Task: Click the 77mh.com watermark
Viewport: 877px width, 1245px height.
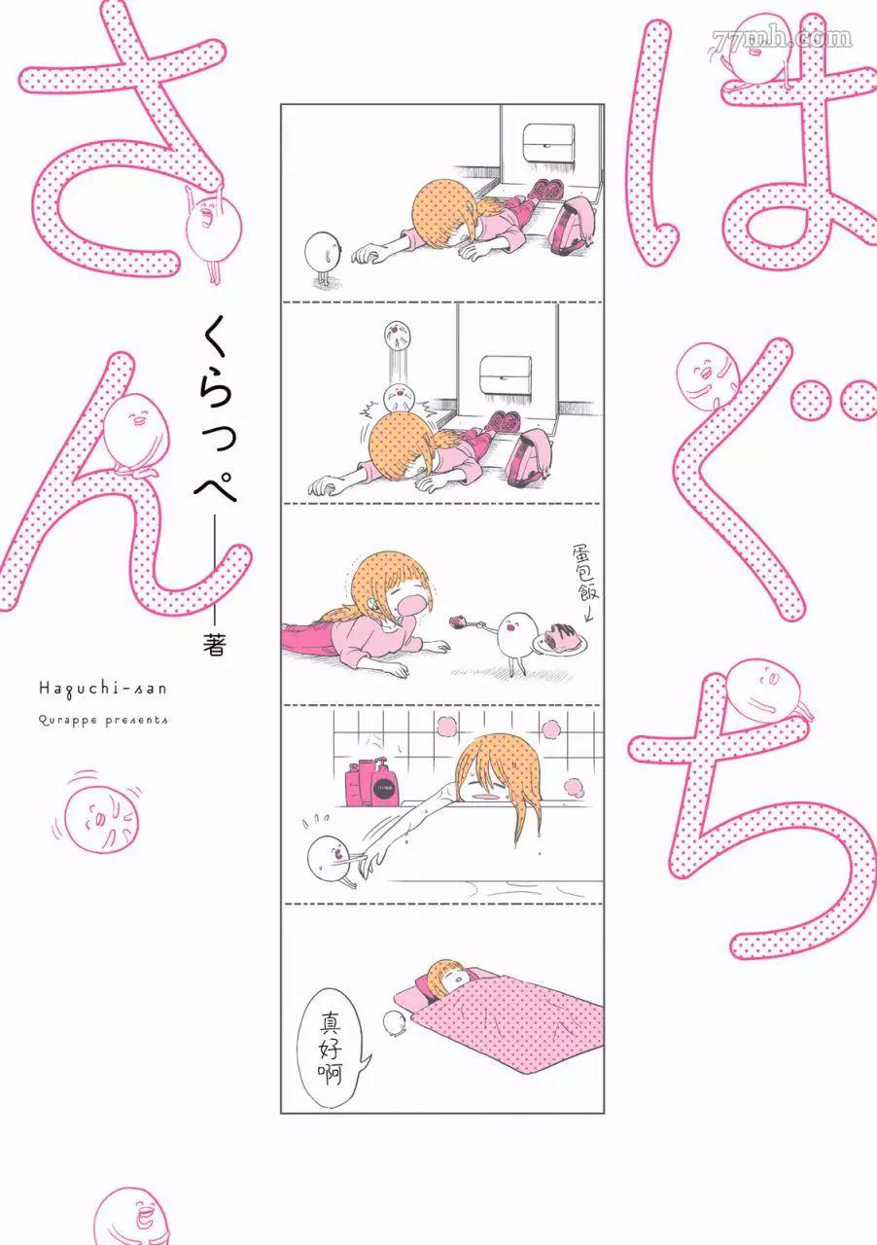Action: click(x=781, y=38)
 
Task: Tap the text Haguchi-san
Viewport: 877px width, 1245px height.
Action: click(x=103, y=689)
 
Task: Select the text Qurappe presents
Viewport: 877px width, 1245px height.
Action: click(x=103, y=721)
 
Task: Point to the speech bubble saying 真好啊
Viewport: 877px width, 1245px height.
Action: click(x=332, y=1047)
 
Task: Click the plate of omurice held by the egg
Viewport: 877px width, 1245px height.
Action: click(x=560, y=638)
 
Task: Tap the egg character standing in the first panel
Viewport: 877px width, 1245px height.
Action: click(x=323, y=259)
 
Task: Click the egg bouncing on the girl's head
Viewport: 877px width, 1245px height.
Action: click(x=399, y=397)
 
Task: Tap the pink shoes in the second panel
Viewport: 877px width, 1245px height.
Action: click(x=505, y=421)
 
